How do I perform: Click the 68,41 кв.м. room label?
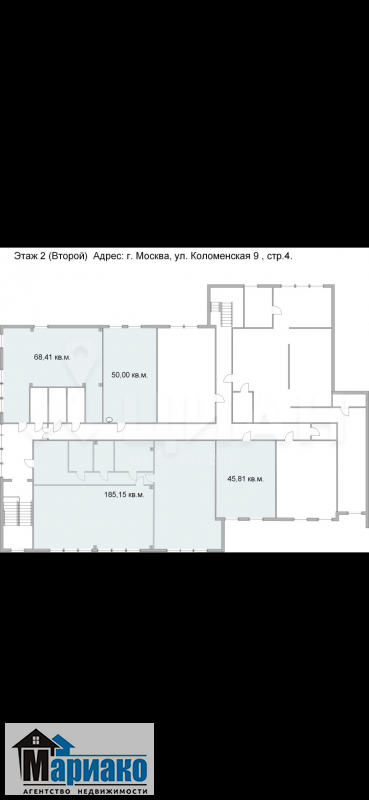tap(53, 357)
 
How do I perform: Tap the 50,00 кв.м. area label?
tap(130, 375)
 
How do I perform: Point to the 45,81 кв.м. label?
tap(245, 479)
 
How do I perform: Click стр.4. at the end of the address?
tap(281, 257)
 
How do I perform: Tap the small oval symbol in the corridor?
tap(109, 420)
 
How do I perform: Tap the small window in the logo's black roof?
tap(36, 738)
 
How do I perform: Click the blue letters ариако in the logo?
tap(100, 767)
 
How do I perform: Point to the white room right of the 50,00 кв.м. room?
tap(186, 376)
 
